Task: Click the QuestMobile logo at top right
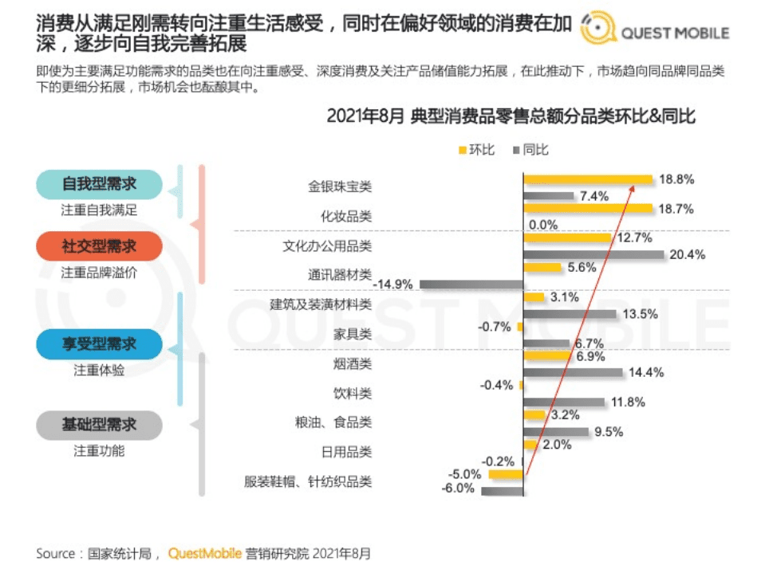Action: coord(654,32)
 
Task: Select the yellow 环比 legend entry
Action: coord(476,149)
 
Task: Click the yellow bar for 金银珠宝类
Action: coord(587,180)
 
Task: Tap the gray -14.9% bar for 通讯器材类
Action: coord(471,283)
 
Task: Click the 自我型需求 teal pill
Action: coord(99,185)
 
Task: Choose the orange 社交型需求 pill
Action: coord(99,246)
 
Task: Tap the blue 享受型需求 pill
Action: coord(99,344)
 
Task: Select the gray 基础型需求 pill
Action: coord(99,425)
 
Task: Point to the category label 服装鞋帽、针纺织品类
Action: coord(308,481)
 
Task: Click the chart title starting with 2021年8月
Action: coord(511,116)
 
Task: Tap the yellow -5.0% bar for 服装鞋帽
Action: coord(506,474)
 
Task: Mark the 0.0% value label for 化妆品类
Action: coord(543,225)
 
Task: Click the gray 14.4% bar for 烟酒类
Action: coord(573,371)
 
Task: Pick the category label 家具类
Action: coord(352,334)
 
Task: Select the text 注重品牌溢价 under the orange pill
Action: coord(99,273)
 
